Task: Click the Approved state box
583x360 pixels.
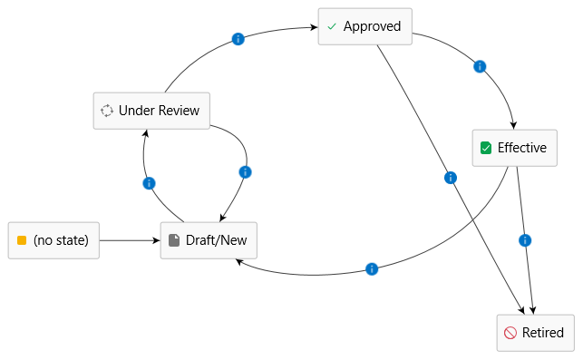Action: click(365, 26)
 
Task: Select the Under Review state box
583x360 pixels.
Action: click(151, 111)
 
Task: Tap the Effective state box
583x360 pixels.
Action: click(515, 148)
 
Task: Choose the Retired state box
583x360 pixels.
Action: click(536, 333)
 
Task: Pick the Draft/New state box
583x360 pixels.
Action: click(209, 240)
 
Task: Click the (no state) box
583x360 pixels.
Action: click(53, 240)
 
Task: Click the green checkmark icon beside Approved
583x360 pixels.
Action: click(332, 26)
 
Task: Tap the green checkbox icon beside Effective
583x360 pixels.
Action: click(486, 148)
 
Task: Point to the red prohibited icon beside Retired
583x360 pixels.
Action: click(510, 333)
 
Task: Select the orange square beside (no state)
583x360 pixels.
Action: click(22, 240)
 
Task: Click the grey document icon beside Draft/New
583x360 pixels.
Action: click(174, 240)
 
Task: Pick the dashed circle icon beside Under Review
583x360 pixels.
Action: click(107, 111)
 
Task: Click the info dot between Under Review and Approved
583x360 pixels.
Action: click(238, 39)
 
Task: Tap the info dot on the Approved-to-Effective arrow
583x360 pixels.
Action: click(480, 66)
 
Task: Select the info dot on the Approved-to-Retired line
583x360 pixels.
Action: click(451, 178)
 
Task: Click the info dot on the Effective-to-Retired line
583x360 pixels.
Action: click(525, 240)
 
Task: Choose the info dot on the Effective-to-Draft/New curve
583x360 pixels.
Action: click(372, 269)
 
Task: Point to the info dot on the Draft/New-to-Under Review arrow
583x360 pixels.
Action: click(149, 183)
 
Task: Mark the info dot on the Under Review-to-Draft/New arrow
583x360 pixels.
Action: click(245, 172)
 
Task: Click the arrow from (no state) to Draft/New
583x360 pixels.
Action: click(130, 240)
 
